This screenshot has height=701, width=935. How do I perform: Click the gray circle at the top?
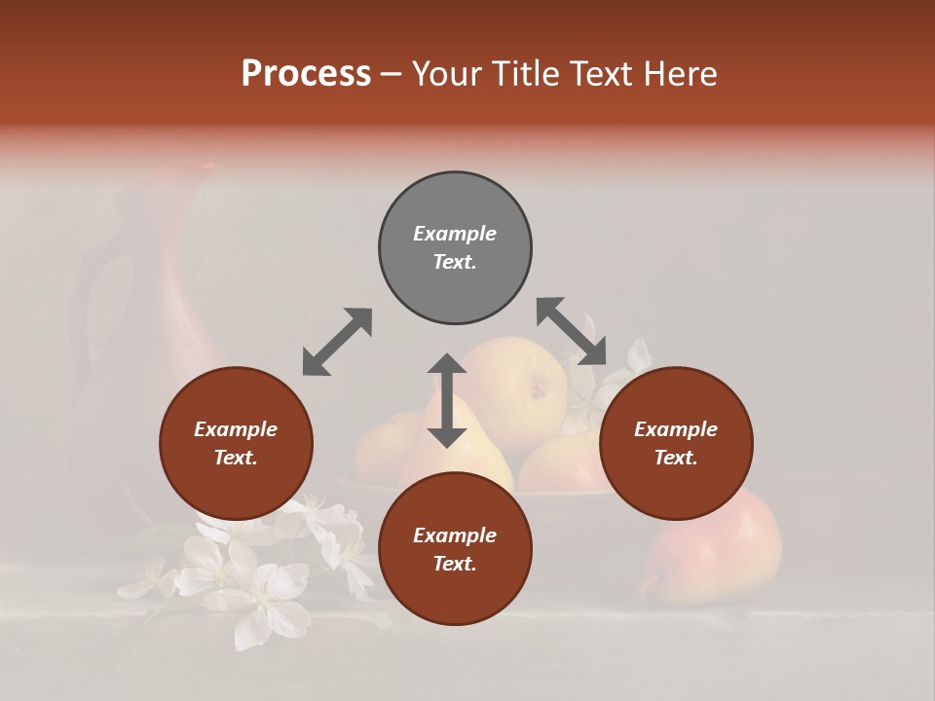tap(455, 248)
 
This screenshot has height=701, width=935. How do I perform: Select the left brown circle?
tap(236, 443)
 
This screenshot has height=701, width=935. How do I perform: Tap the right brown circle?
tap(675, 443)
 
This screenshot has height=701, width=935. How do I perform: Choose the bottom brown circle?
tap(455, 549)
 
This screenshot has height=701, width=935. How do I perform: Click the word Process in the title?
tap(306, 74)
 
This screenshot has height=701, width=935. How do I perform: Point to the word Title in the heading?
tap(524, 74)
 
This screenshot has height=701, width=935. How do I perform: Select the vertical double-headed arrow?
tap(447, 400)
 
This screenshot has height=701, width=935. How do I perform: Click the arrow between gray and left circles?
tap(337, 342)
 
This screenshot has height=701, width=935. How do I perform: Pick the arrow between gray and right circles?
tap(572, 331)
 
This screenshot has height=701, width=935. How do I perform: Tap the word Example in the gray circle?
tap(455, 234)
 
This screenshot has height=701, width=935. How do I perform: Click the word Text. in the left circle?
tap(236, 458)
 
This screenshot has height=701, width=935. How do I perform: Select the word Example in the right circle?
tap(675, 429)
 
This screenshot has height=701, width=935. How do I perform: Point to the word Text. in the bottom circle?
tap(455, 564)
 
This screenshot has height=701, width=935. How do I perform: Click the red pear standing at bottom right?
tap(716, 545)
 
